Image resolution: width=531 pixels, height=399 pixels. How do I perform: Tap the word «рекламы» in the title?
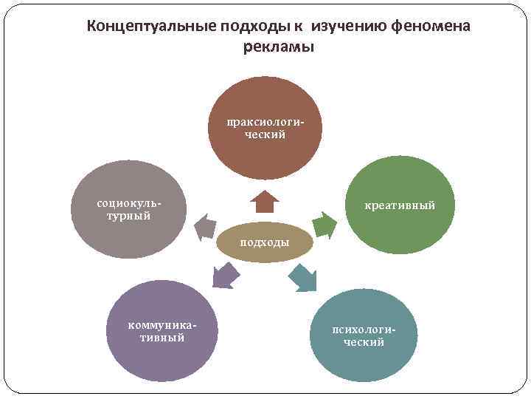click(x=279, y=47)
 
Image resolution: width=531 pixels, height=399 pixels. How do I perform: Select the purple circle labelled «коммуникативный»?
click(x=163, y=330)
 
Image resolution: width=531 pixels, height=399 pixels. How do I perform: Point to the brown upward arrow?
click(x=264, y=201)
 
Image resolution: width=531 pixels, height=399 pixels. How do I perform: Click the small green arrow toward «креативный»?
click(x=322, y=222)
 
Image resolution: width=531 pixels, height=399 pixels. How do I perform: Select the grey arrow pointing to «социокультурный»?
click(x=205, y=228)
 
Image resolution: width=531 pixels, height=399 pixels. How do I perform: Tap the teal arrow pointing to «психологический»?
click(x=302, y=276)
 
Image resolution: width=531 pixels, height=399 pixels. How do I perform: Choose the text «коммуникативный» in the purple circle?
click(x=163, y=332)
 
